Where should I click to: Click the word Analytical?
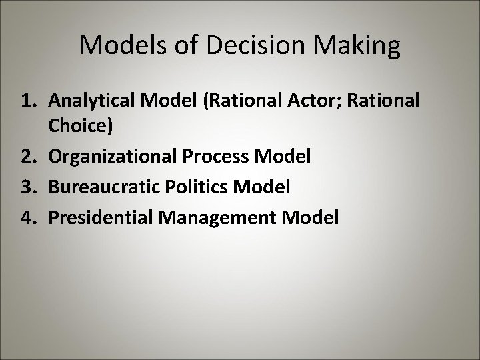pos(89,101)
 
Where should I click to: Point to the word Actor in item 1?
pos(315,101)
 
